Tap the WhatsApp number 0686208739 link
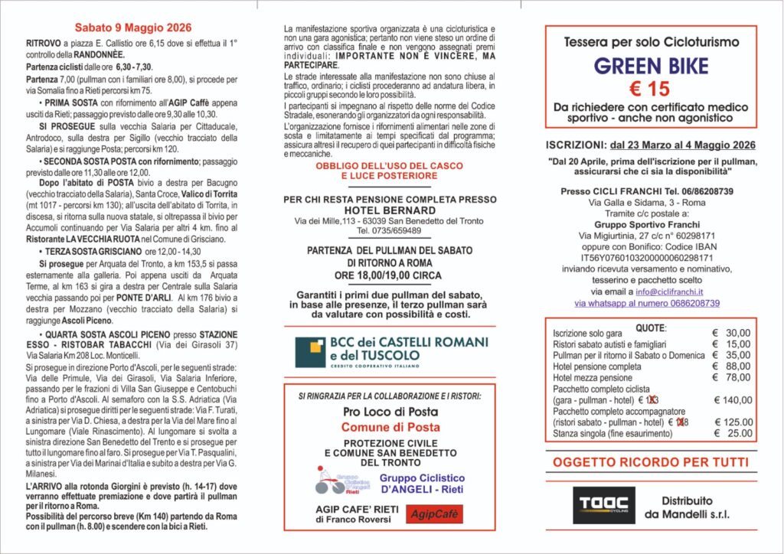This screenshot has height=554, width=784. pyautogui.click(x=647, y=303)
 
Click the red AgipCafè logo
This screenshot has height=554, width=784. pyautogui.click(x=434, y=514)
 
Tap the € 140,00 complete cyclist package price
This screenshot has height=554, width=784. pyautogui.click(x=732, y=400)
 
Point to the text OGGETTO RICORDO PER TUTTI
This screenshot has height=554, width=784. pyautogui.click(x=650, y=462)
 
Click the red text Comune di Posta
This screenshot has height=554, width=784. pyautogui.click(x=390, y=427)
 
